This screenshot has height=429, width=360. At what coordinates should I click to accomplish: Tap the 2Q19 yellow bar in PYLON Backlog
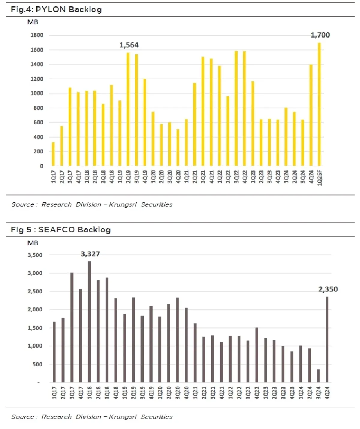pyautogui.click(x=128, y=110)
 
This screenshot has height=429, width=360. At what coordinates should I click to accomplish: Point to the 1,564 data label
pyautogui.click(x=129, y=45)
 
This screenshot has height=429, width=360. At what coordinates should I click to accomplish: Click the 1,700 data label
pyautogui.click(x=320, y=35)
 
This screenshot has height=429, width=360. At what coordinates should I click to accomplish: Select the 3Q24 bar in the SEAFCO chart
pyautogui.click(x=318, y=376)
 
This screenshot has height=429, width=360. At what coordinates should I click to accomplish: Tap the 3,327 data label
pyautogui.click(x=90, y=254)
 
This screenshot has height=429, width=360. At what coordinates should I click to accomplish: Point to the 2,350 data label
pyautogui.click(x=328, y=289)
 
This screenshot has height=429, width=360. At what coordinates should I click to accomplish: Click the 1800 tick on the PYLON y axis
pyautogui.click(x=37, y=35)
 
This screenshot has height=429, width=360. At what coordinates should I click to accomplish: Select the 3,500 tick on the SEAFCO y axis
pyautogui.click(x=35, y=255)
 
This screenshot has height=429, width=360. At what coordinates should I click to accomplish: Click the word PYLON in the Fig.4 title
pyautogui.click(x=51, y=9)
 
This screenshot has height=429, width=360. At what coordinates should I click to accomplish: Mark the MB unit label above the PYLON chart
pyautogui.click(x=33, y=22)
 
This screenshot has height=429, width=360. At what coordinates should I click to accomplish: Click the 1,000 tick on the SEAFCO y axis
pyautogui.click(x=35, y=346)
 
